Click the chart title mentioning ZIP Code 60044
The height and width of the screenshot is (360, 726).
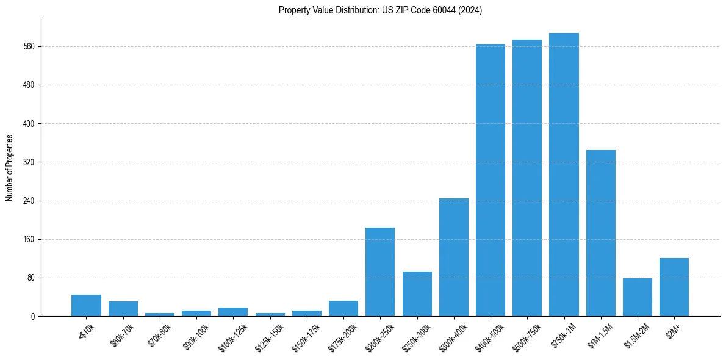380,10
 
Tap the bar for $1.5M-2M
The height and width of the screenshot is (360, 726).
637,297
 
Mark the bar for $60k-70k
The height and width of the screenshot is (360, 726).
123,309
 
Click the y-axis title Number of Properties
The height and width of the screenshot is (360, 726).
10,168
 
